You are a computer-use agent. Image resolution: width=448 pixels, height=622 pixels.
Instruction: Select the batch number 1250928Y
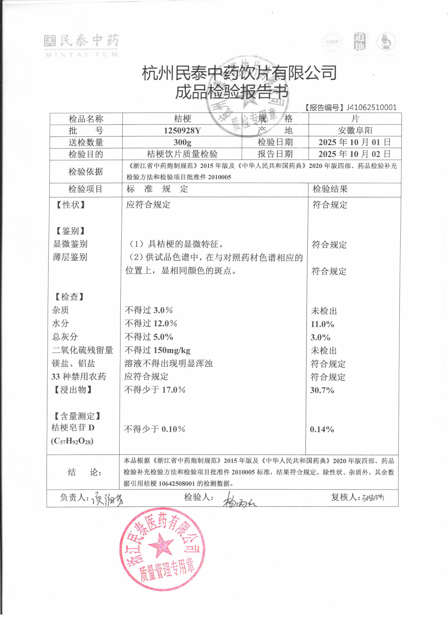pos(182,131)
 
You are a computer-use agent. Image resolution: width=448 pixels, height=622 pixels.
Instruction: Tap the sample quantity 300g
pos(182,142)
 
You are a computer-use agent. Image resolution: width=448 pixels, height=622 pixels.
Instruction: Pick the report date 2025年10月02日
pos(355,154)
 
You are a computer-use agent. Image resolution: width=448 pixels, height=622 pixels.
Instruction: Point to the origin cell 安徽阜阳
pos(355,131)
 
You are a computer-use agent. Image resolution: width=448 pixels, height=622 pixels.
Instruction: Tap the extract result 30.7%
pos(322,390)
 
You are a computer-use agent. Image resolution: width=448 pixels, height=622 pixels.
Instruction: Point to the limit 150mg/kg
pos(172,350)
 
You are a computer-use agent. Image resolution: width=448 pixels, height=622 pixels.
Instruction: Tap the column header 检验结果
pos(330,189)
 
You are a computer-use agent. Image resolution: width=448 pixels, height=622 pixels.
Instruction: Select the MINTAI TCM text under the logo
pos(81,55)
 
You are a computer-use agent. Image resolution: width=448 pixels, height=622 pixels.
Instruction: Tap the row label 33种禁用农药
pos(79,377)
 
